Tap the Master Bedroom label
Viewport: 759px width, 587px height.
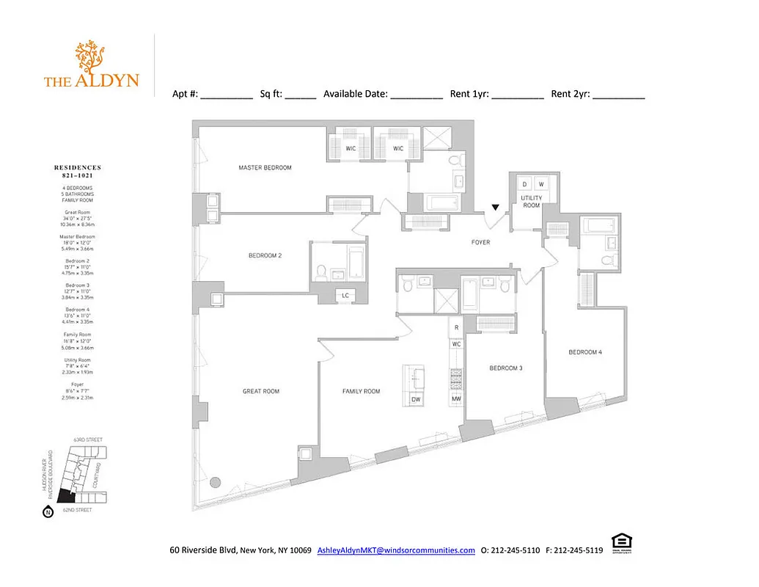[265, 168]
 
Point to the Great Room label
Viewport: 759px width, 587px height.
[260, 391]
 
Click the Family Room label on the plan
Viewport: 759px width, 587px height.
[361, 391]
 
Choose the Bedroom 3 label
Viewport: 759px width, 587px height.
[505, 368]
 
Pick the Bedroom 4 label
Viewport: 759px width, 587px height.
[584, 352]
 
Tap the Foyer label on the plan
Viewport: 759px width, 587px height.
[480, 242]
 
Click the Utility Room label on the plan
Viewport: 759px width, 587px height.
[532, 202]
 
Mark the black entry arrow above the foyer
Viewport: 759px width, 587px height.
[496, 208]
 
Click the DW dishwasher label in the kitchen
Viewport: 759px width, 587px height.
[415, 399]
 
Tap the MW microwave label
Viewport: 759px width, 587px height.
[455, 399]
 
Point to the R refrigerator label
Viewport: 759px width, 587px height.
[455, 327]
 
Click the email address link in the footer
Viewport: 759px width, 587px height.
[396, 550]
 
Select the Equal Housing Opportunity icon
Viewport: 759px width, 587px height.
[621, 544]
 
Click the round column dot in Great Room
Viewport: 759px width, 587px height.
[216, 483]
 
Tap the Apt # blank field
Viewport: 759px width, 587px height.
[226, 94]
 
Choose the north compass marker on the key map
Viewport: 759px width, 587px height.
[48, 511]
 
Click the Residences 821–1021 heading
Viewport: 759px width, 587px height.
[77, 172]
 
